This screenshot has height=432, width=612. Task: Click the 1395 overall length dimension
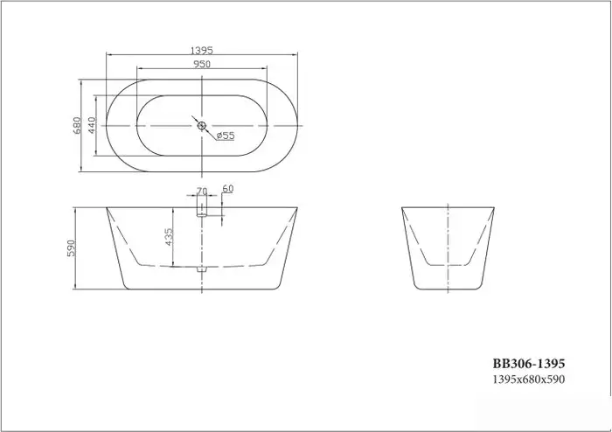(201, 50)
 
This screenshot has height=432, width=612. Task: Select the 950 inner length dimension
(201, 64)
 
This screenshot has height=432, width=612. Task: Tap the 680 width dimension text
(78, 127)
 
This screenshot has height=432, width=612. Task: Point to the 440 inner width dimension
(92, 127)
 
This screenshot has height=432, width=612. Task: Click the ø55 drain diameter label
(224, 136)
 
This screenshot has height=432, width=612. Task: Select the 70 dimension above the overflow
(201, 190)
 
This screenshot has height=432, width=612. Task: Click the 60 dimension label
(228, 189)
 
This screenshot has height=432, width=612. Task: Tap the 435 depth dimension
(169, 237)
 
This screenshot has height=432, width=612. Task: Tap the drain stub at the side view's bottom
(201, 270)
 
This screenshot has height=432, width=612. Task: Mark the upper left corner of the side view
(107, 207)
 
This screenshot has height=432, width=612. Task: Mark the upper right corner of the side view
(297, 207)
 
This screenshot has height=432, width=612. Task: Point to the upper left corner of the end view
(402, 207)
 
